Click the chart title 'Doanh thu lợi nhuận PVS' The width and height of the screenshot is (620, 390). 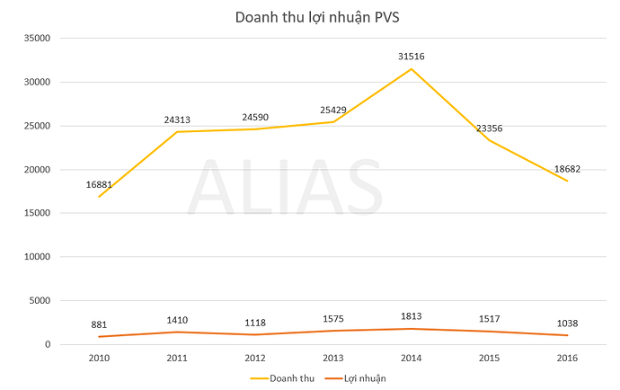pos(311,17)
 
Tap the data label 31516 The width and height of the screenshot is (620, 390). pos(412,57)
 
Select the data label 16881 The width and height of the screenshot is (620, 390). pos(99,184)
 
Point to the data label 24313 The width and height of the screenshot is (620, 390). pos(177,120)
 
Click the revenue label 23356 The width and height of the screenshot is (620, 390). pos(489,128)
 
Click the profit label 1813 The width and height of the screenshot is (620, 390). pos(412,315)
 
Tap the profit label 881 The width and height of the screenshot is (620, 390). pos(99,324)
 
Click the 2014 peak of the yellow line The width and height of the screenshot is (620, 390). pos(412,69)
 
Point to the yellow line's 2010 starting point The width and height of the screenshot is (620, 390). pos(99,197)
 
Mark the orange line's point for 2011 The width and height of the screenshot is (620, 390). pos(177,332)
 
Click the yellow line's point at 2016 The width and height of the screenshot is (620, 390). pos(568,181)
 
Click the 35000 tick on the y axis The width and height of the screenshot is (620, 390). pos(35,39)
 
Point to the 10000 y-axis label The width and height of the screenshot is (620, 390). pos(35,257)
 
